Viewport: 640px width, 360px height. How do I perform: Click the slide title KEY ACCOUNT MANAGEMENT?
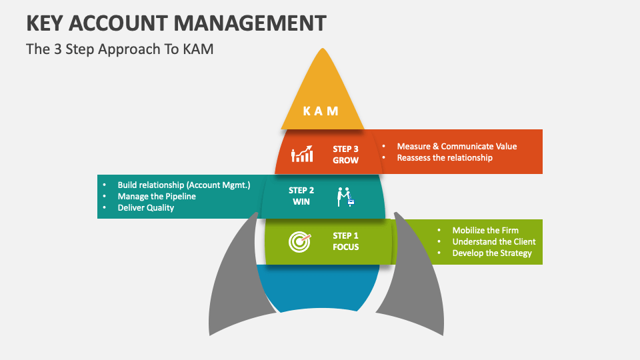pos(177,23)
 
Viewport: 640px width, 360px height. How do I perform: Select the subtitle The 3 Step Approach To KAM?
pos(119,49)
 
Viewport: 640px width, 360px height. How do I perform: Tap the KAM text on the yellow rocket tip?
pos(321,111)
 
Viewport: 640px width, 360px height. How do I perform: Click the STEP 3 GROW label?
pos(345,155)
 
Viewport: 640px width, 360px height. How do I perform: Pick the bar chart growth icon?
pos(302,155)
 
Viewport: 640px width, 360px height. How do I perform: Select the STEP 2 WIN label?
pos(301,196)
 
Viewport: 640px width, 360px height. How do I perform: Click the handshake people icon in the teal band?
pos(345,196)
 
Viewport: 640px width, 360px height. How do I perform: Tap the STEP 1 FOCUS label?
pos(345,241)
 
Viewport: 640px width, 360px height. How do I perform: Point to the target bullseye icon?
pos(299,241)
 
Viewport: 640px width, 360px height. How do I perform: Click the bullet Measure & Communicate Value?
pos(457,146)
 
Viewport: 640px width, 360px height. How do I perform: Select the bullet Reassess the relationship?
pos(445,158)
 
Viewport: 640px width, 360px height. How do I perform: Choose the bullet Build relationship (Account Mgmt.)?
pos(183,185)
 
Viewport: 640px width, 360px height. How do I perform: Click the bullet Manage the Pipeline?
pos(157,197)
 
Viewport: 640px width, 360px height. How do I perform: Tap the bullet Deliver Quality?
pos(145,208)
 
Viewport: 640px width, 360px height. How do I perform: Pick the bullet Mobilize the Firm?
pos(485,230)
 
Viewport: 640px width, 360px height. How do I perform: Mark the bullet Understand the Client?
pos(494,241)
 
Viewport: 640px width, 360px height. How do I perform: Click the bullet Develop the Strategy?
pos(492,253)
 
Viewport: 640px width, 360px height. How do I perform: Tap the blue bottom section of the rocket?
pos(319,287)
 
